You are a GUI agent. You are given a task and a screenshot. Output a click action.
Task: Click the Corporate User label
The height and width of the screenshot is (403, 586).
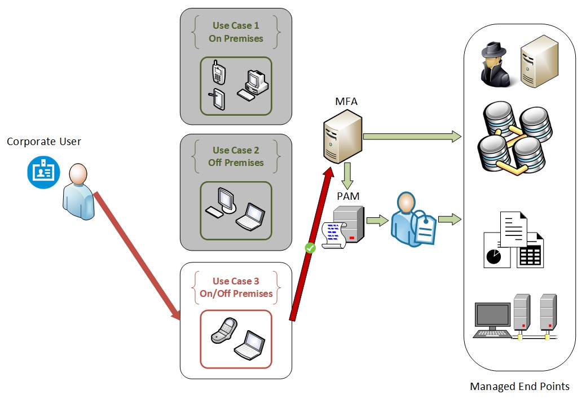click(x=44, y=142)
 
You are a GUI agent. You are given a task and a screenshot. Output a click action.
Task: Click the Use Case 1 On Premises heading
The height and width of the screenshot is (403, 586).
click(x=236, y=32)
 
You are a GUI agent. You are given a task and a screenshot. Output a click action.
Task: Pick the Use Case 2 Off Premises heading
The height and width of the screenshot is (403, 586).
click(x=236, y=156)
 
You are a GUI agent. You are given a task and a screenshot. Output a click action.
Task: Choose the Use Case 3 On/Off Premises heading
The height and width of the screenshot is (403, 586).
click(x=236, y=287)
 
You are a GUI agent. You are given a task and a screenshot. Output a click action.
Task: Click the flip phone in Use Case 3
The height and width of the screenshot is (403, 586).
click(x=224, y=330)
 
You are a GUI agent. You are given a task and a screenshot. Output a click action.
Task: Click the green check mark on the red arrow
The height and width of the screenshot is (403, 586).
click(x=309, y=247)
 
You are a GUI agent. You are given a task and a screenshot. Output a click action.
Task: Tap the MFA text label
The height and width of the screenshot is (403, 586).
click(x=346, y=102)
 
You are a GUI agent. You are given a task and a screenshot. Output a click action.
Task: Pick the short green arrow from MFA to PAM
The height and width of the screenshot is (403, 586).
click(x=347, y=176)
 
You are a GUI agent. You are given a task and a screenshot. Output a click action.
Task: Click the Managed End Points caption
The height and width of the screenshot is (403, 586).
click(x=519, y=387)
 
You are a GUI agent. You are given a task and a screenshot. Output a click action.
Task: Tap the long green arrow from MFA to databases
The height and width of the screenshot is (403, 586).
click(x=412, y=136)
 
